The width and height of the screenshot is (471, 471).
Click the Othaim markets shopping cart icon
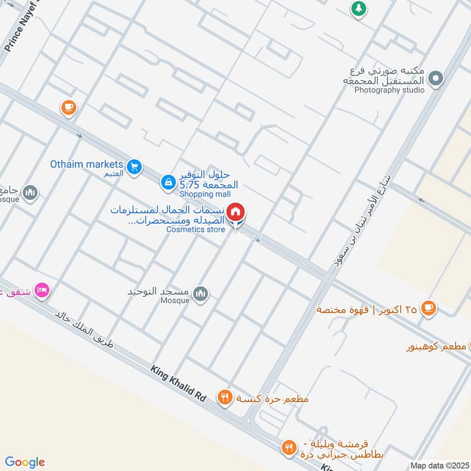pyautogui.click(x=135, y=167)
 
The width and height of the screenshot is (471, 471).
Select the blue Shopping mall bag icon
pyautogui.click(x=168, y=183)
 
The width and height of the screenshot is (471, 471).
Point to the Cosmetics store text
pyautogui.click(x=195, y=230)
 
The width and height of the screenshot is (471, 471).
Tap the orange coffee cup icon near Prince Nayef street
pyautogui.click(x=69, y=107)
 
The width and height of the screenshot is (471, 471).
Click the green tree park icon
pyautogui.click(x=357, y=8)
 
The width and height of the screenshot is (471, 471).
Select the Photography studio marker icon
pyautogui.click(x=435, y=78)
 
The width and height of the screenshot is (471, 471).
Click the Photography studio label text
pyautogui.click(x=389, y=90)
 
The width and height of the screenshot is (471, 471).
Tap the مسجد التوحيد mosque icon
pyautogui.click(x=201, y=293)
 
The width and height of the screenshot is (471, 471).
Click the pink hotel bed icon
pyautogui.click(x=42, y=290)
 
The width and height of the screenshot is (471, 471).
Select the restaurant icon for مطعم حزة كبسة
pyautogui.click(x=224, y=398)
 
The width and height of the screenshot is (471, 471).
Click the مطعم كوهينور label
pyautogui.click(x=436, y=347)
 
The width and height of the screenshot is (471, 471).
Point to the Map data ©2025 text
pyautogui.click(x=439, y=465)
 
